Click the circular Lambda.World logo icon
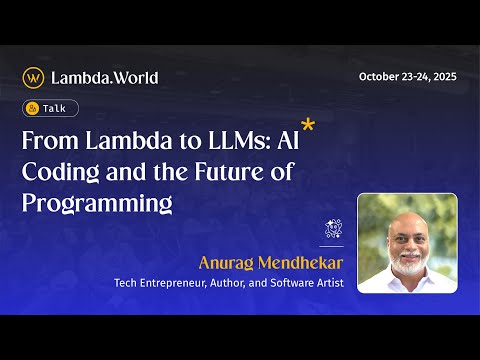tap(33, 77)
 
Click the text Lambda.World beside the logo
tap(104, 77)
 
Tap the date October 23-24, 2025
tap(407, 77)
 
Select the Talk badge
tap(50, 108)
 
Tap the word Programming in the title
tap(97, 203)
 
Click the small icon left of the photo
tap(333, 229)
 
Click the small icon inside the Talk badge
tap(34, 108)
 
